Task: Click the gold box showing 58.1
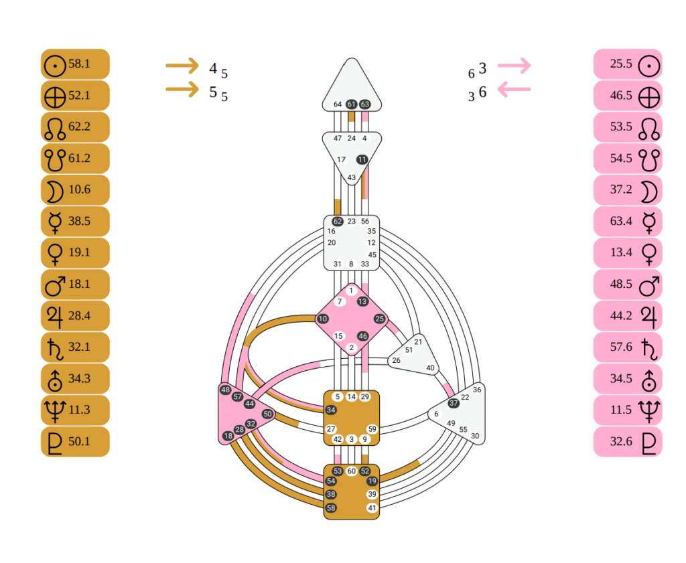coord(75,64)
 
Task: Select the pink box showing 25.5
coord(628,64)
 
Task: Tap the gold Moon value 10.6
coord(75,190)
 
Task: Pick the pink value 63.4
coord(628,222)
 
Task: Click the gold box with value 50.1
coord(75,442)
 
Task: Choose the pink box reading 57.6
coord(628,347)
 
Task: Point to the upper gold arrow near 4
coord(182,66)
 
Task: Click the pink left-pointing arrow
coord(514,89)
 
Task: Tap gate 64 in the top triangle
coord(338,104)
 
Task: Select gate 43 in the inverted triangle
coord(352,177)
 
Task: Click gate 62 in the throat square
coord(338,222)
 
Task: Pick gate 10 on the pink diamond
coord(323,319)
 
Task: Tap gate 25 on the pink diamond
coord(380,319)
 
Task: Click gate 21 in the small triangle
coord(418,342)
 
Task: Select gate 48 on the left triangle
coord(225,390)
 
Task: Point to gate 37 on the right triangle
coord(454,403)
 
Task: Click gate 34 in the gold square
coord(331,410)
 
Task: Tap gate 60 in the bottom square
coord(352,471)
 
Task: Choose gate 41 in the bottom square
coord(372,508)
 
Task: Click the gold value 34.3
coord(75,379)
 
